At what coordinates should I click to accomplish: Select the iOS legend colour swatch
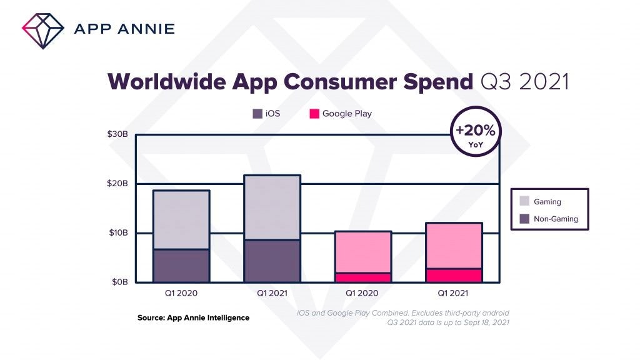257,114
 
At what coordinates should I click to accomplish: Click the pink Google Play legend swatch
314,114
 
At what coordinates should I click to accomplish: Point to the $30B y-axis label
117,135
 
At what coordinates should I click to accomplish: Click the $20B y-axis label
117,184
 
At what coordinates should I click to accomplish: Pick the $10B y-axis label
117,233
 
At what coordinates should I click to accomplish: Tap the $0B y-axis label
119,282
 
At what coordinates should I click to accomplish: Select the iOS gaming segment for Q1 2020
181,219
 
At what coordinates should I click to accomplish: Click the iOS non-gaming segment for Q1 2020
181,266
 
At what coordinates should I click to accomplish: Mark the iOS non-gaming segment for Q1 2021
272,261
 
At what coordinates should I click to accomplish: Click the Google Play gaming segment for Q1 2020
362,252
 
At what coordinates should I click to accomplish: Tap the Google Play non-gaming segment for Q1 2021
453,275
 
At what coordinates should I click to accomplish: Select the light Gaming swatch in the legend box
525,201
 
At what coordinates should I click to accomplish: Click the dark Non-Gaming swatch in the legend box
525,219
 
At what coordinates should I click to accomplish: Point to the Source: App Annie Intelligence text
193,318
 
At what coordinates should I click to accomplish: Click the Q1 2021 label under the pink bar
453,292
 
